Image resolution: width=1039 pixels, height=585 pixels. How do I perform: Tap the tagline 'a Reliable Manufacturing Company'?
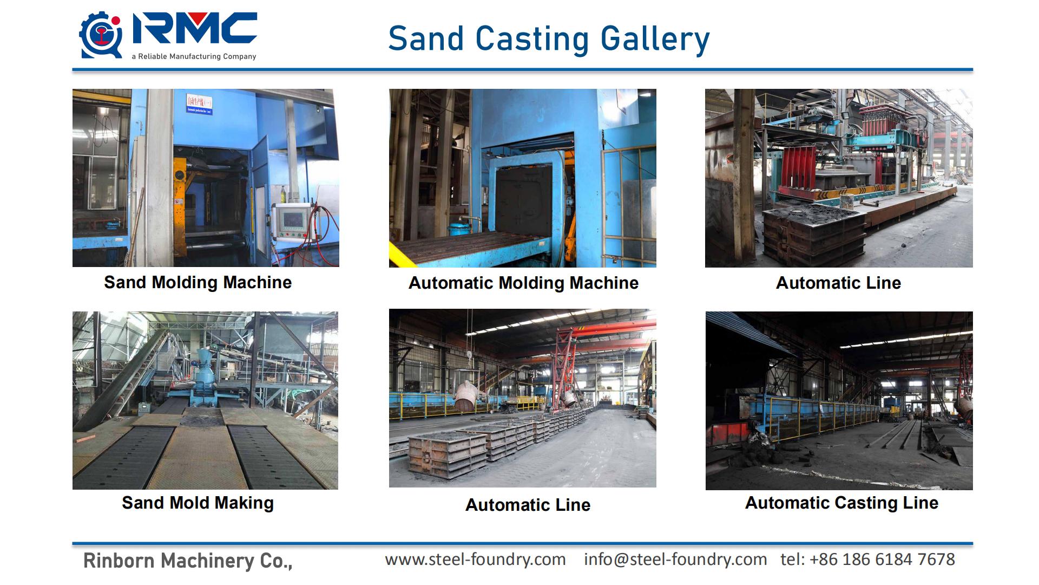[194, 56]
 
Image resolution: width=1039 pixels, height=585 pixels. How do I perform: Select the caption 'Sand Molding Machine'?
[198, 282]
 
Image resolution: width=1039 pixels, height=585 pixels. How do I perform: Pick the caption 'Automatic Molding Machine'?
[523, 283]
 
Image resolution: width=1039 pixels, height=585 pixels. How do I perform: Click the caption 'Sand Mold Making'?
[198, 503]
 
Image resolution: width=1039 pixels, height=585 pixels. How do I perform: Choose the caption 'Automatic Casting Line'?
[841, 503]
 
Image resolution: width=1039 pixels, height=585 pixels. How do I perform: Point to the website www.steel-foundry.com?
[476, 559]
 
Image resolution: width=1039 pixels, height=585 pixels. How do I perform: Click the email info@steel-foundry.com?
[675, 559]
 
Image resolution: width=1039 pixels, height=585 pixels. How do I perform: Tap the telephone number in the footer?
[868, 559]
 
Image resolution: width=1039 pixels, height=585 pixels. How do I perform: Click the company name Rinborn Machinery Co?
[188, 561]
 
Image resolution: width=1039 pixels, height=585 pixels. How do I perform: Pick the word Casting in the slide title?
[532, 40]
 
